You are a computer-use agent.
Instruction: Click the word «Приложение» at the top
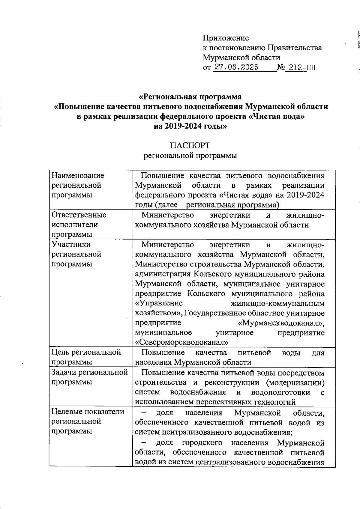[x=226, y=38]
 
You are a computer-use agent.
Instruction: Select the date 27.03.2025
[x=237, y=67]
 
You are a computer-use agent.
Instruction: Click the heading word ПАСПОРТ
[x=190, y=145]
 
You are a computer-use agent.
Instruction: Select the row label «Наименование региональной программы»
[x=78, y=185]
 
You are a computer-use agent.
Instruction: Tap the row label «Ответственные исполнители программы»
[x=79, y=225]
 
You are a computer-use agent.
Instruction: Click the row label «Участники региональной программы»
[x=76, y=254]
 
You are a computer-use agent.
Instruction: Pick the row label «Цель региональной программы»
[x=86, y=357]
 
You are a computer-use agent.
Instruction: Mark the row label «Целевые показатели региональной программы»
[x=88, y=421]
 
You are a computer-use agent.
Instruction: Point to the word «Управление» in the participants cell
[x=159, y=303]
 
